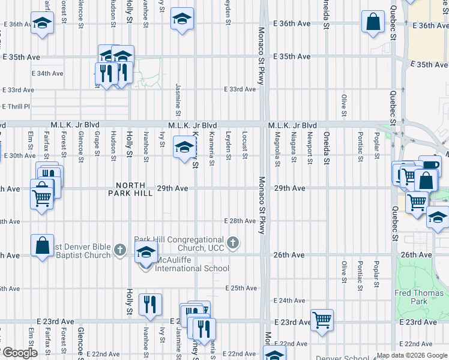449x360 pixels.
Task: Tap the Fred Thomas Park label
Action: click(419, 297)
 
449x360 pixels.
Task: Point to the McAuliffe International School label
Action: click(192, 264)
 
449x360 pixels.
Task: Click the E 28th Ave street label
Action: click(240, 221)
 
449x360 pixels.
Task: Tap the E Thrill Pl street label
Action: click(16, 106)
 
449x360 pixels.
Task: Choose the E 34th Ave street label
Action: click(49, 73)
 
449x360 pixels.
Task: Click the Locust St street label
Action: click(245, 146)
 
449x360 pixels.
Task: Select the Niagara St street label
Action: click(294, 146)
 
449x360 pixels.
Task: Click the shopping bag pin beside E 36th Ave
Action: click(373, 22)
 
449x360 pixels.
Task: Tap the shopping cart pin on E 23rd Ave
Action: click(322, 319)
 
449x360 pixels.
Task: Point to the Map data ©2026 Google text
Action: click(411, 355)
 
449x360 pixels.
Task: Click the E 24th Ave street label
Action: click(290, 300)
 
